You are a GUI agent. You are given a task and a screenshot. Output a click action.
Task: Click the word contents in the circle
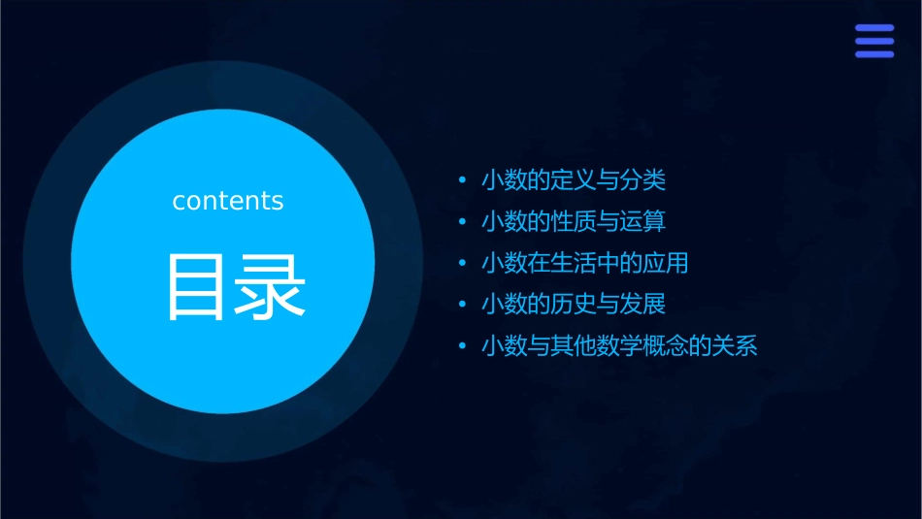[x=228, y=201]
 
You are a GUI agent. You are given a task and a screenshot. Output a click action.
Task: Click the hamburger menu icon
[x=873, y=42]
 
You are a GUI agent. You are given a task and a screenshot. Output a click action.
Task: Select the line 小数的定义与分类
[x=574, y=180]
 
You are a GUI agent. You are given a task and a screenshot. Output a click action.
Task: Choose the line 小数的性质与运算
[x=574, y=222]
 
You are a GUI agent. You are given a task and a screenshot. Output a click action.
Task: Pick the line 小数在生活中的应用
[x=584, y=263]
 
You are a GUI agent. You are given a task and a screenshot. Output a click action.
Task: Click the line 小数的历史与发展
[x=574, y=305]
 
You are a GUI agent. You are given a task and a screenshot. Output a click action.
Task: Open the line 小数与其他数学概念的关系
[x=618, y=346]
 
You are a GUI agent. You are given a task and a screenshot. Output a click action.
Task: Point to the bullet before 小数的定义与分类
[x=462, y=181]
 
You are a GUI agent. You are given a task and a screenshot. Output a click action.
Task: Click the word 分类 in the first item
[x=643, y=180]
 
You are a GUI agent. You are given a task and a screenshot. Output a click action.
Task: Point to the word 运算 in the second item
[x=643, y=222]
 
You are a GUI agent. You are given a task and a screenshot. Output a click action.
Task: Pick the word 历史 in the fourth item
[x=574, y=305]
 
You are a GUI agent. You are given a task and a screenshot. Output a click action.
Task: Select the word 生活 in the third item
[x=574, y=263]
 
